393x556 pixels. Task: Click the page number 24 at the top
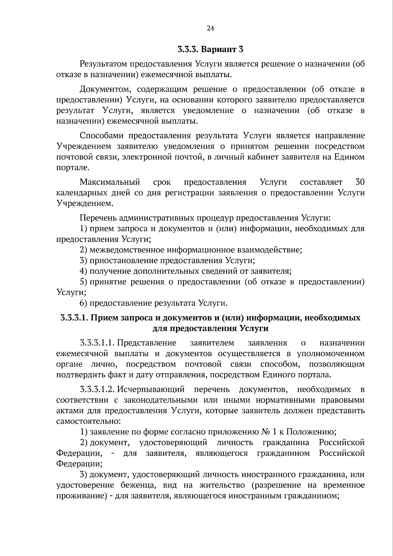210,28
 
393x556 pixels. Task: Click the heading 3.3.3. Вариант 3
211,50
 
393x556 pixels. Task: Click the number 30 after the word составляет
360,182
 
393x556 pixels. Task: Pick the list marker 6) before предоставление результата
84,303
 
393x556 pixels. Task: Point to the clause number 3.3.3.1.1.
97,343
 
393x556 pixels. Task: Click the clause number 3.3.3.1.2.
97,390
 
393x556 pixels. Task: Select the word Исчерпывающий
151,390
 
